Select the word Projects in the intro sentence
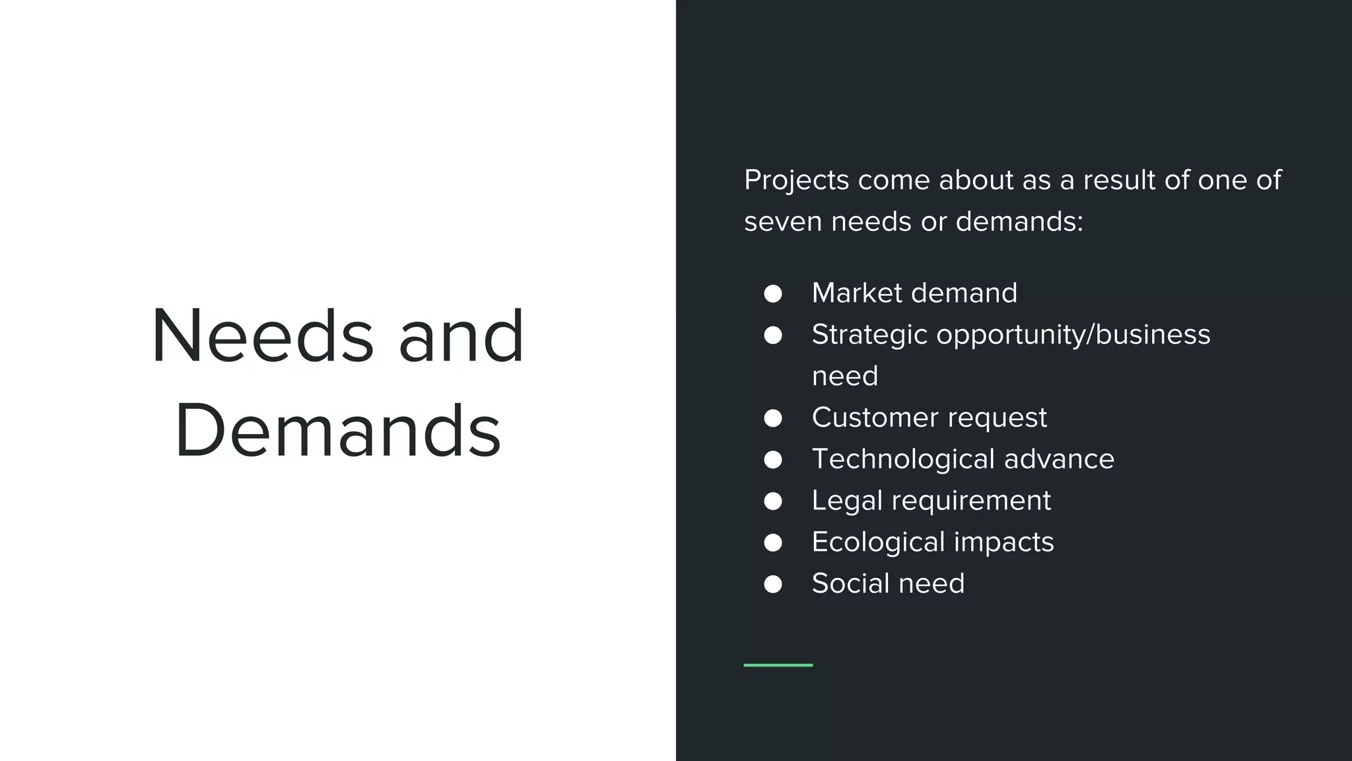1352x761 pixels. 796,180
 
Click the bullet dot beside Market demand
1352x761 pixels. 772,294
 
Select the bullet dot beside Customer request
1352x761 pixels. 772,418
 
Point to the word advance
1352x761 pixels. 1059,459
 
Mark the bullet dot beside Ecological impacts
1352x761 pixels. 772,543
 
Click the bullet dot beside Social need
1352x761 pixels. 772,584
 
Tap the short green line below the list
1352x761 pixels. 778,665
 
